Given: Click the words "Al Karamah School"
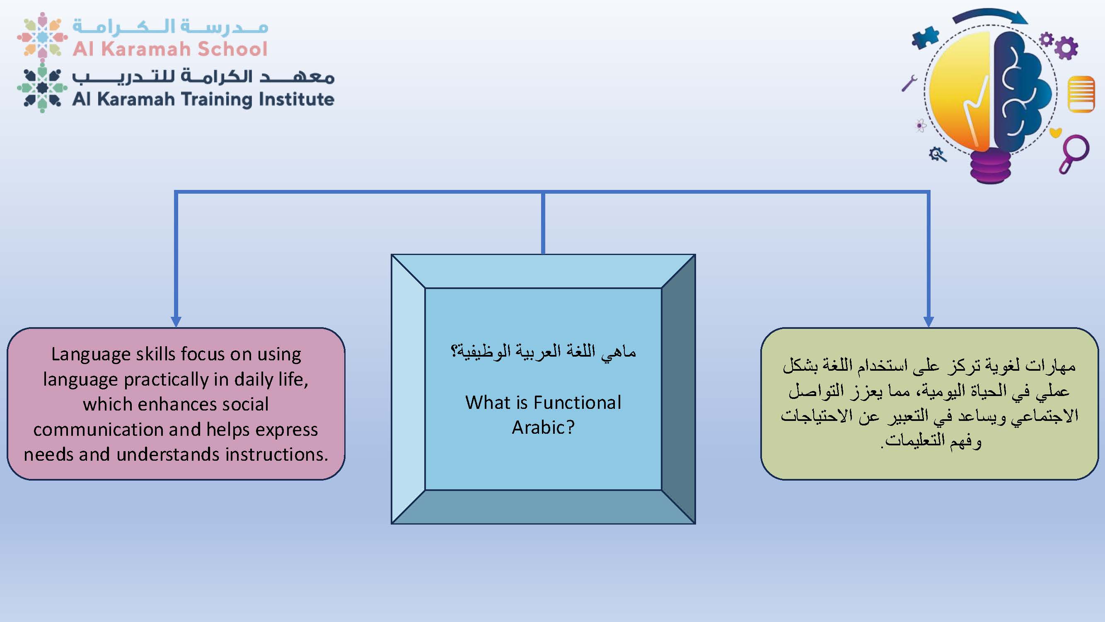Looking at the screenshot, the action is (170, 49).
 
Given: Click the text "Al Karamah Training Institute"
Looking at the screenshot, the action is (203, 99).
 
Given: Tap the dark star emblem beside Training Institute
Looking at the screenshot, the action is (42, 88).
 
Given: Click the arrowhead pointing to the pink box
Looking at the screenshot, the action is (176, 322).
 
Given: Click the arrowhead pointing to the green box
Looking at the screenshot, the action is (928, 322).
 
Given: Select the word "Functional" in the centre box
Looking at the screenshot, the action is (577, 403).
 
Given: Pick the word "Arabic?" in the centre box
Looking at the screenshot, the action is (543, 428).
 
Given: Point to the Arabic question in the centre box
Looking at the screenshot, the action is (543, 352).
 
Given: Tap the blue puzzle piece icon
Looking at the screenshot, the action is (925, 37).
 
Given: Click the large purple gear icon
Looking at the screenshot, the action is (1066, 48).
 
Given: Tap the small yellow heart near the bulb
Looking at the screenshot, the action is (1055, 132).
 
